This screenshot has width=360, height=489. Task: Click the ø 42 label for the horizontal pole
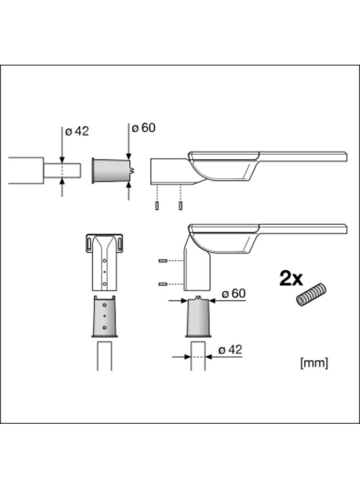point(77,132)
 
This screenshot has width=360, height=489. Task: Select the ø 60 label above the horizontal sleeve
point(143,128)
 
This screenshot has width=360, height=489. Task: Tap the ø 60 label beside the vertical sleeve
point(233,294)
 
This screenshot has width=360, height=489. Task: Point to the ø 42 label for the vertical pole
point(230,350)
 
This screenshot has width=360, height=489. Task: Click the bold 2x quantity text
point(291,278)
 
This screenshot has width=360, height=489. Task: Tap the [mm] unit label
point(314,363)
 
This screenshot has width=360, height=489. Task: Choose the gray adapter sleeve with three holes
point(105,317)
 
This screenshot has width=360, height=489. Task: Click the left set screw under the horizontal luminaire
point(157,206)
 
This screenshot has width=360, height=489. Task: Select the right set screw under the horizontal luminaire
point(180,206)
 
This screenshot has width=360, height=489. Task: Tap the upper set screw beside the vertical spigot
point(162,261)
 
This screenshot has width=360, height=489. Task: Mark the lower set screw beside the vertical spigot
point(162,284)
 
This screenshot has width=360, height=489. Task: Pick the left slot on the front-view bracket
point(89,243)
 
